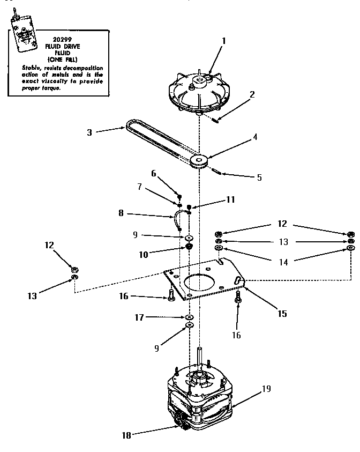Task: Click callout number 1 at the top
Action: pyautogui.click(x=224, y=40)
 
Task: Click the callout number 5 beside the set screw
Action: pyautogui.click(x=260, y=177)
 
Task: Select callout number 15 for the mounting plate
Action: pyautogui.click(x=282, y=314)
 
